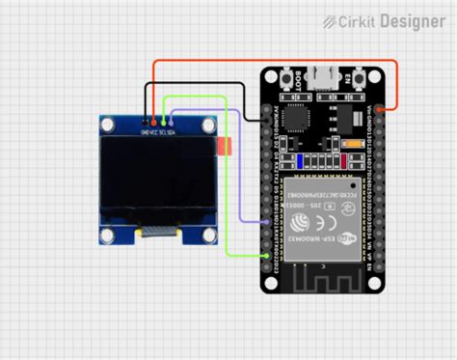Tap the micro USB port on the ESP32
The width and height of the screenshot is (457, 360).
click(326, 73)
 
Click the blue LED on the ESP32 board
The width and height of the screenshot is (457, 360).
click(302, 161)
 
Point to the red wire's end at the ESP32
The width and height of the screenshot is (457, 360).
click(382, 110)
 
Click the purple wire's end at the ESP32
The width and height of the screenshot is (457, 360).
click(269, 222)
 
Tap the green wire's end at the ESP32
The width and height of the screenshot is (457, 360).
click(269, 254)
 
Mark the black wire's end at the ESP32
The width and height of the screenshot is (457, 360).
click(269, 119)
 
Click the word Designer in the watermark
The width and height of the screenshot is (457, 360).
click(413, 19)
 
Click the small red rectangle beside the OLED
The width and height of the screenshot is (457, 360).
click(228, 147)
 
